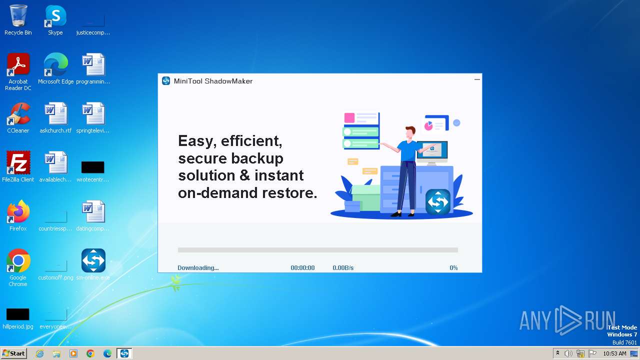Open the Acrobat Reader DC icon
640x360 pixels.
(18, 65)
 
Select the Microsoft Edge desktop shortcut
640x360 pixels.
(55, 65)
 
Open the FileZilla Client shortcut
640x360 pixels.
(18, 163)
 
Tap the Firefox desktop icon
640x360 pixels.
(18, 212)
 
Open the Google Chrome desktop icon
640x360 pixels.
(18, 261)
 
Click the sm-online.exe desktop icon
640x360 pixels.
(93, 261)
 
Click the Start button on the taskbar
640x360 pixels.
(13, 353)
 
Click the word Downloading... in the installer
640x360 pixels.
(198, 268)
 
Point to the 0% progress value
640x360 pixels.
(453, 268)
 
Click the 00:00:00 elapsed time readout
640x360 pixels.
(302, 268)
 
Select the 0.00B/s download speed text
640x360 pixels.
(343, 268)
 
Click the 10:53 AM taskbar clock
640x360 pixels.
(614, 353)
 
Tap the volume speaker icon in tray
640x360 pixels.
(568, 353)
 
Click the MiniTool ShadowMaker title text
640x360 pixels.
(213, 81)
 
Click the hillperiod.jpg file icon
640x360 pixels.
(18, 314)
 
